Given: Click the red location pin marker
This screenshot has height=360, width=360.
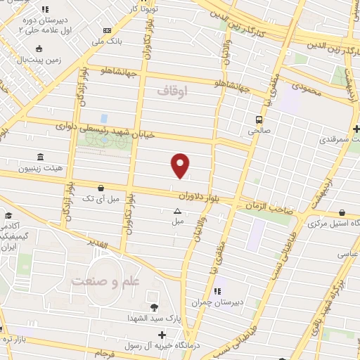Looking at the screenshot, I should point(181,165).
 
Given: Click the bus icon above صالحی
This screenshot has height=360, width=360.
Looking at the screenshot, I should point(259,119).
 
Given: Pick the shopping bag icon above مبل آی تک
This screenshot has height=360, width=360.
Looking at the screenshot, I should point(103,188).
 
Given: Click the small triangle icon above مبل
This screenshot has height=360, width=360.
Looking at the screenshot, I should point(176,210).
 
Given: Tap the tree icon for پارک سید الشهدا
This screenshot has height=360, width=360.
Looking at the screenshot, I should point(153,307).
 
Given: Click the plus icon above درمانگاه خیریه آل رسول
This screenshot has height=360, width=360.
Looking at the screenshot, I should point(162,335).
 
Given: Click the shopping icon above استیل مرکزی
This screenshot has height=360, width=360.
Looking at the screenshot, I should point(341,212).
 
